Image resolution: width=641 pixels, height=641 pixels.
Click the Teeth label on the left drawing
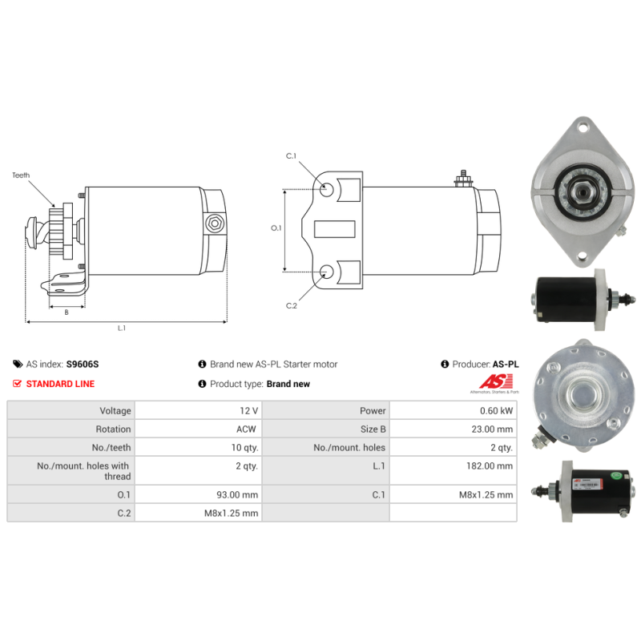21,175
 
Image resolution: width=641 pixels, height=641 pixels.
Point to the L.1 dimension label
122,328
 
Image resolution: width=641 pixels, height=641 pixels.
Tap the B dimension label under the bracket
67,312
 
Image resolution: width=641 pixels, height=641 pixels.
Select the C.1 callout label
291,155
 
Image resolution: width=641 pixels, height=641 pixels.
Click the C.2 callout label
292,306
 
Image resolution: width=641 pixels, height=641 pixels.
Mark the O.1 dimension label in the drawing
276,228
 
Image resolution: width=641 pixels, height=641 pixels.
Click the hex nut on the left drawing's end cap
215,224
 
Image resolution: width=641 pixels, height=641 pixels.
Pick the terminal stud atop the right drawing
463,178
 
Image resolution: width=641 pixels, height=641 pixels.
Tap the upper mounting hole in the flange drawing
326,189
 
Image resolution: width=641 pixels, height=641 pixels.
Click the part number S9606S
83,365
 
